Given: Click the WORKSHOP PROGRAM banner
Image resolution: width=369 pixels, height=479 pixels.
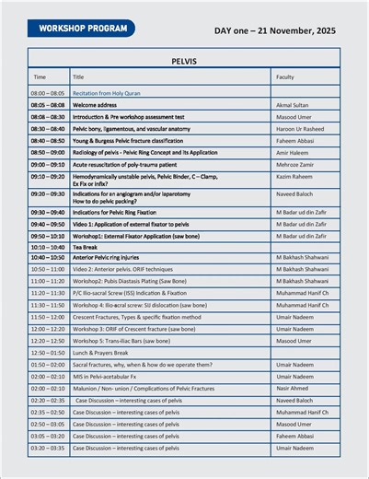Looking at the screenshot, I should pos(81,29).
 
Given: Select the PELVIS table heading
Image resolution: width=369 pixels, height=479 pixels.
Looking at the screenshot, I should pos(184,61).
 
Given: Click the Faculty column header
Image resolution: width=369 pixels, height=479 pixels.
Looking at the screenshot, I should pos(285,77).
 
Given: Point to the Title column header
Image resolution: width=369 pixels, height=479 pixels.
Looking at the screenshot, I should pos(78,77).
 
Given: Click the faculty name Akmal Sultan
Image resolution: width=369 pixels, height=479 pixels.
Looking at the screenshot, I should pos(293,106).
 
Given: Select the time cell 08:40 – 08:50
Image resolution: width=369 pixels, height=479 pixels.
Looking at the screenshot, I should pos(48,141).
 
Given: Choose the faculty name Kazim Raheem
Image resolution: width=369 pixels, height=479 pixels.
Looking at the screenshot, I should pos(294,175).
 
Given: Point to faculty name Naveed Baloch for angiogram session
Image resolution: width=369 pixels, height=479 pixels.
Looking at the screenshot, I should pos(296,194).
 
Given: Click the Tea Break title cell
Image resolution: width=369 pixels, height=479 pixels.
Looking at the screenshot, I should pos(86,247).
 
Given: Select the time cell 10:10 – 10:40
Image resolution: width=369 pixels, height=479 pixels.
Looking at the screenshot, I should pos(48,247).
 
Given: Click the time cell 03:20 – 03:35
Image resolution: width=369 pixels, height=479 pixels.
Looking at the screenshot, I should pos(48,448).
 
